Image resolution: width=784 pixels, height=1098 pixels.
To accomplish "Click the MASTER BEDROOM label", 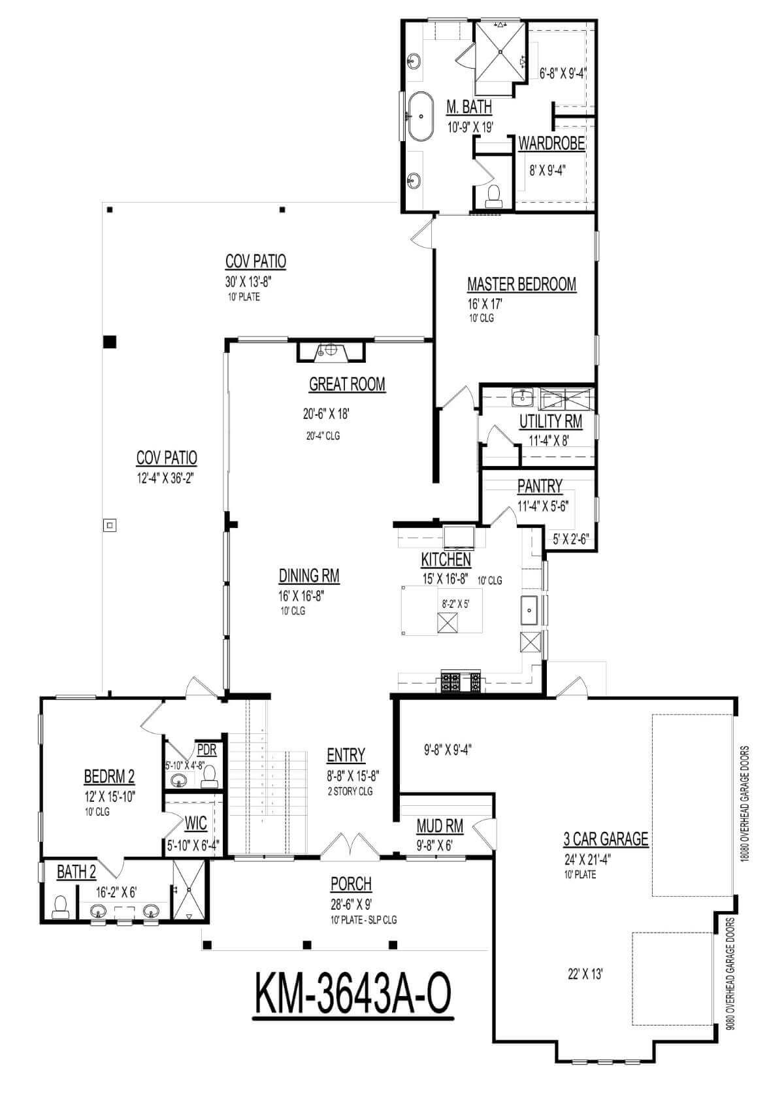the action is (521, 285).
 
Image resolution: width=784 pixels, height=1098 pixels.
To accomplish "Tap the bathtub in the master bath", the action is (421, 116).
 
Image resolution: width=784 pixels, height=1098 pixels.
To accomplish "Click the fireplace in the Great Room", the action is (331, 351).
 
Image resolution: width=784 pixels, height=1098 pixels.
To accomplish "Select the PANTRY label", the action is (540, 486).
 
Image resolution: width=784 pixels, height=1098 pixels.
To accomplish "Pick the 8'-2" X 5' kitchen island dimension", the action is (456, 605).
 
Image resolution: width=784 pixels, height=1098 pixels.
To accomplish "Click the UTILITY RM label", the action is (551, 421).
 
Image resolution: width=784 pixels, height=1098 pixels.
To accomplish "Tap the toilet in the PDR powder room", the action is (210, 776).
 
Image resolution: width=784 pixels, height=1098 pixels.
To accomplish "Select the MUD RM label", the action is (440, 826).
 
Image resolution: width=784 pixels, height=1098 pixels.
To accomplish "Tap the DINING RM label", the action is (308, 575).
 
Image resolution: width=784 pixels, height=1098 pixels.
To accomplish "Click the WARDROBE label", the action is (551, 144).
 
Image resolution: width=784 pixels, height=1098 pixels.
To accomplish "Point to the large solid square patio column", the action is (109, 342).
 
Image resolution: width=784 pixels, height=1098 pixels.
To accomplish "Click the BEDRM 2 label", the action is (109, 776).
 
